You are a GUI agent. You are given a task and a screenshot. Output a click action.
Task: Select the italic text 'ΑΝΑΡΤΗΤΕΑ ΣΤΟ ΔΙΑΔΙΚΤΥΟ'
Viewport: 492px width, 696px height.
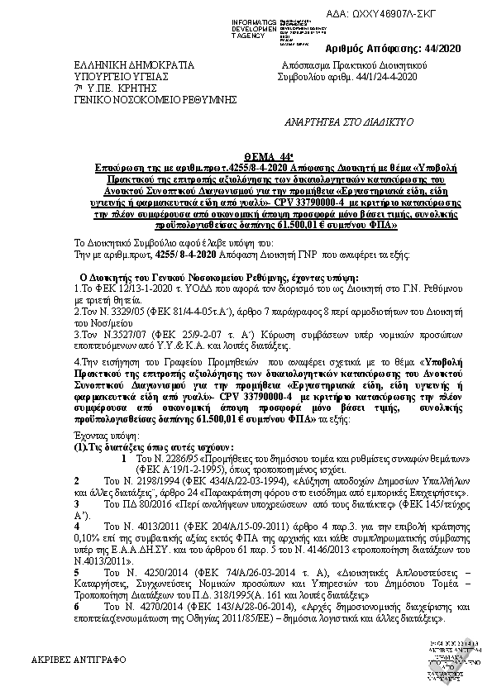coord(348,121)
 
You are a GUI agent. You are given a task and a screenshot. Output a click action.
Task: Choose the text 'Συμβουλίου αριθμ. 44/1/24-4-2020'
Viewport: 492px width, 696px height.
coord(346,76)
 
